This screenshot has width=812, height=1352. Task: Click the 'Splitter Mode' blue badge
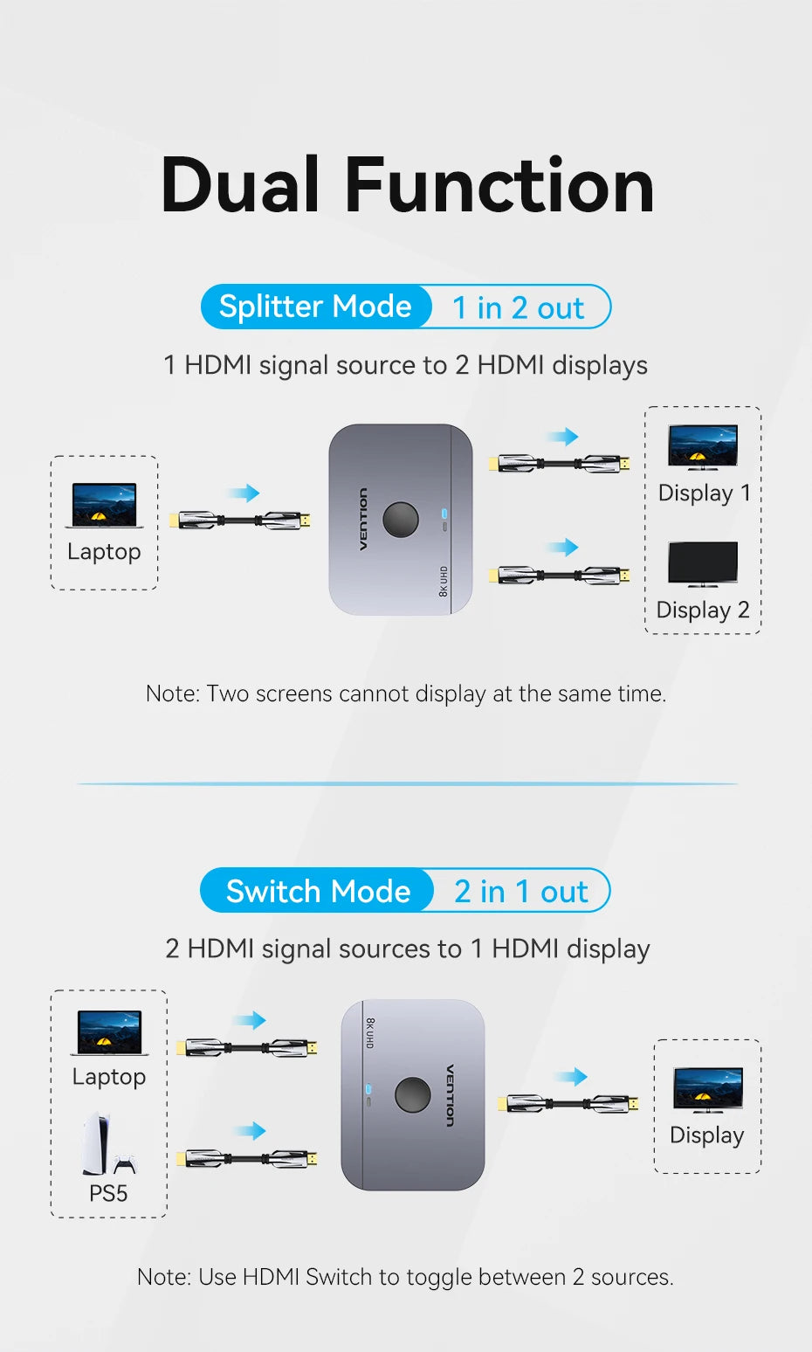tap(315, 307)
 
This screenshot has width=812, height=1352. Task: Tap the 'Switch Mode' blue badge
tap(317, 890)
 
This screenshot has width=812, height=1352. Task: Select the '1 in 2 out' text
tap(519, 307)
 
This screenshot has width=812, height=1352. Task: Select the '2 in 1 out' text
tap(520, 892)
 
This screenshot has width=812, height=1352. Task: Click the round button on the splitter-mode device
tap(401, 519)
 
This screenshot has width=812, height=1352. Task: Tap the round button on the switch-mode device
tap(413, 1095)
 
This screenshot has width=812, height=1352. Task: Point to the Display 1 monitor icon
tap(703, 447)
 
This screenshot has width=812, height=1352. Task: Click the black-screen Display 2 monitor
tap(703, 564)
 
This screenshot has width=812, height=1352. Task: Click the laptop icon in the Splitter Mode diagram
tap(105, 506)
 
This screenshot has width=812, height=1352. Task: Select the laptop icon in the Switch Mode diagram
tap(109, 1032)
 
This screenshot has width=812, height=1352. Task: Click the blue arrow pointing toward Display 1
tap(563, 437)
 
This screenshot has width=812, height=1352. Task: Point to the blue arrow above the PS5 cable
tap(251, 1130)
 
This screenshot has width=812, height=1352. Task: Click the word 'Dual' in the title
tap(239, 184)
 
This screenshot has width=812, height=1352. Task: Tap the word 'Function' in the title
tap(499, 184)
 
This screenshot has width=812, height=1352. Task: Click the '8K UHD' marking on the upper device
tap(444, 582)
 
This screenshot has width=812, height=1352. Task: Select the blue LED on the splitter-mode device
tap(444, 514)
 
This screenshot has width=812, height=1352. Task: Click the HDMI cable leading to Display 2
tap(559, 576)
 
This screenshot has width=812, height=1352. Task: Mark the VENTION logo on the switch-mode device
tap(450, 1095)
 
